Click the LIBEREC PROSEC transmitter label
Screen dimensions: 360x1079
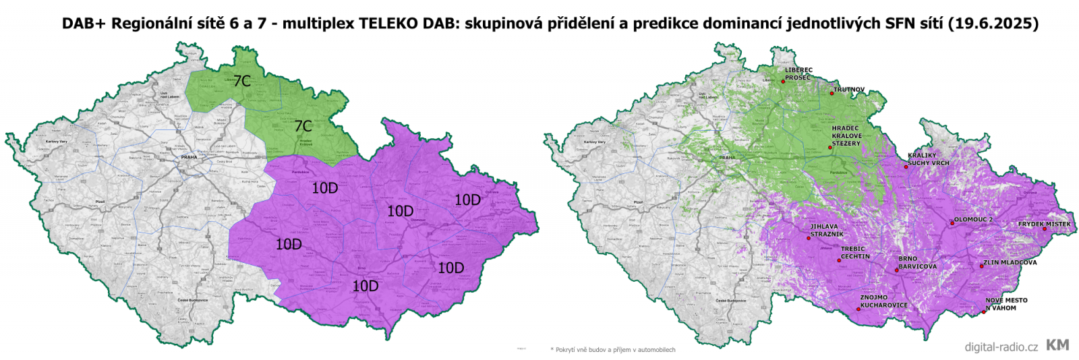[x=798, y=73]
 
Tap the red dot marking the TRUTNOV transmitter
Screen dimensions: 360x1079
[x=832, y=93]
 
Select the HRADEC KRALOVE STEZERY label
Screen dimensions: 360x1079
[x=846, y=136]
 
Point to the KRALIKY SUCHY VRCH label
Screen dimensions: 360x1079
[x=928, y=159]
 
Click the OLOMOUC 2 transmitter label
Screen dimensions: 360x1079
[x=973, y=220]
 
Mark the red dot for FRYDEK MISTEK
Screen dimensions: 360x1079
[x=1045, y=229]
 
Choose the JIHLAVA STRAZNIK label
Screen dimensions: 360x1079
[x=827, y=231]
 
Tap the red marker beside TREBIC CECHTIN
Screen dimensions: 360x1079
[x=839, y=260]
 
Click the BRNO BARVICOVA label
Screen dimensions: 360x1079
[x=917, y=263]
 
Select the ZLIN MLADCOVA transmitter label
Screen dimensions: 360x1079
[x=1010, y=263]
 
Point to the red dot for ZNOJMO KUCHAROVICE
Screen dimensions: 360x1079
[x=858, y=309]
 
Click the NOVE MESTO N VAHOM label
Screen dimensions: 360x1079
[x=1006, y=304]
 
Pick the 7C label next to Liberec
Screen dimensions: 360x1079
[x=242, y=81]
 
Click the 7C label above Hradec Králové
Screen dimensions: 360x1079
[x=303, y=126]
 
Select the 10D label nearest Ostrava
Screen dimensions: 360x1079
[x=467, y=200]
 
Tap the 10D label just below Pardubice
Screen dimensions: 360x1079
[x=324, y=188]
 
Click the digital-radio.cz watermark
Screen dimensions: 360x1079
[x=1001, y=347]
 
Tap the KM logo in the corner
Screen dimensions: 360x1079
[x=1057, y=345]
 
